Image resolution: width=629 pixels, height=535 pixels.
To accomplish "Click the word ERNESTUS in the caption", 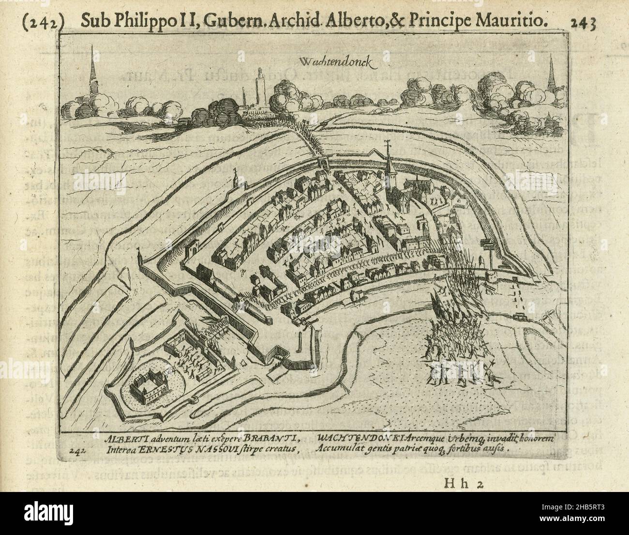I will pyautogui.click(x=163, y=448).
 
